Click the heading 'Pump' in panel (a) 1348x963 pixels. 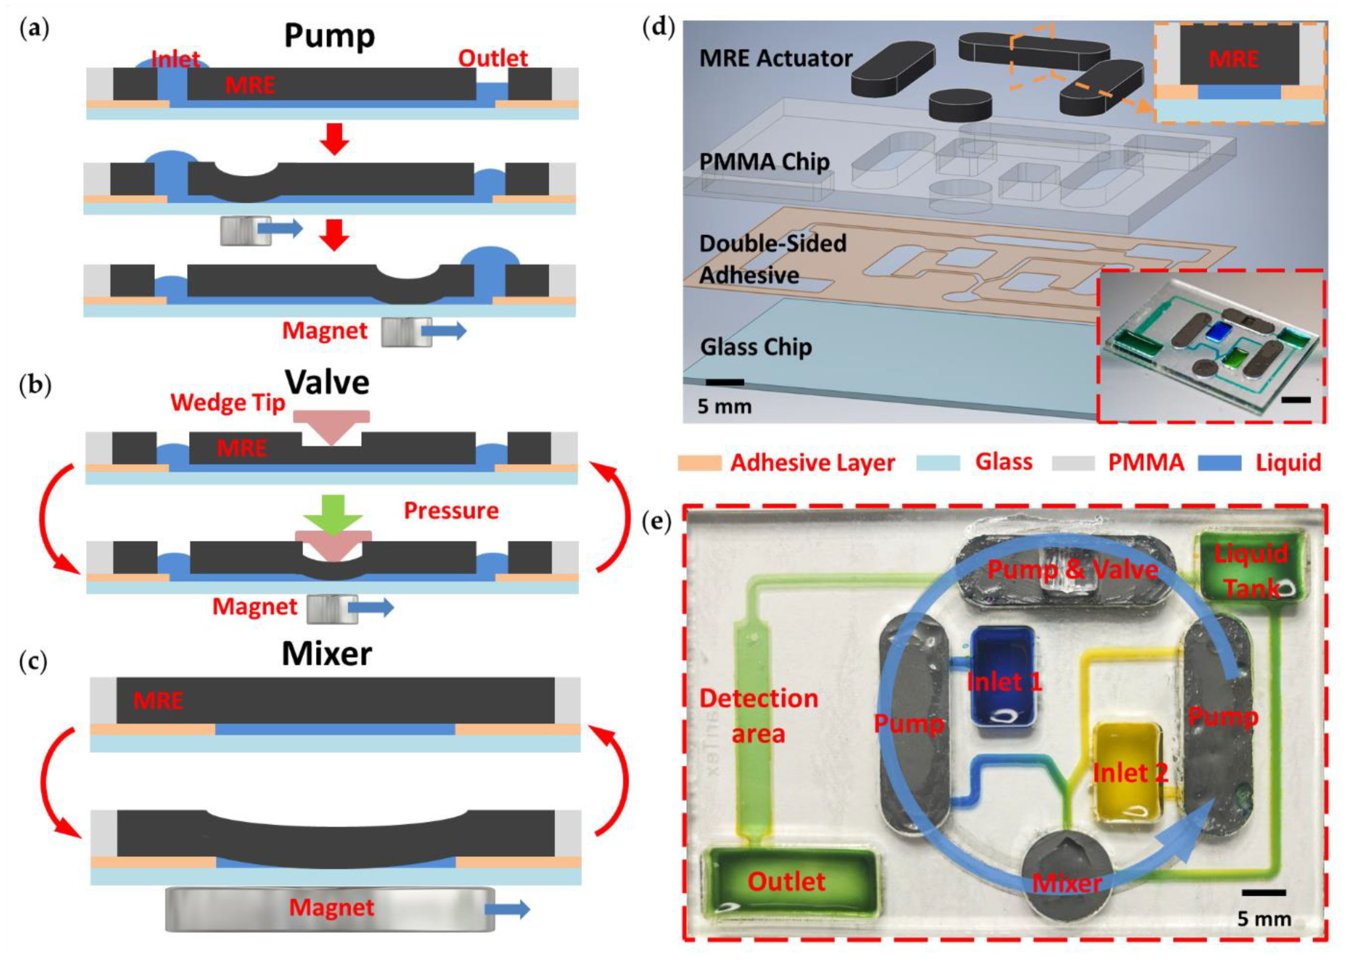click(329, 37)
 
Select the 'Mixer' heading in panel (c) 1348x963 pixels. click(327, 653)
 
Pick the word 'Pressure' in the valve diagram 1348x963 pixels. click(451, 510)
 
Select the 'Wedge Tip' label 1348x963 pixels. click(228, 403)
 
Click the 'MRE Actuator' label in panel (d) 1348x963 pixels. click(775, 58)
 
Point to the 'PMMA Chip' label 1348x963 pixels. click(764, 162)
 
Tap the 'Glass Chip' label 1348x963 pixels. click(756, 347)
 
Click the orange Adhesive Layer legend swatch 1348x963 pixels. click(700, 463)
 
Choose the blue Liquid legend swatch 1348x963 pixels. click(1219, 463)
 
